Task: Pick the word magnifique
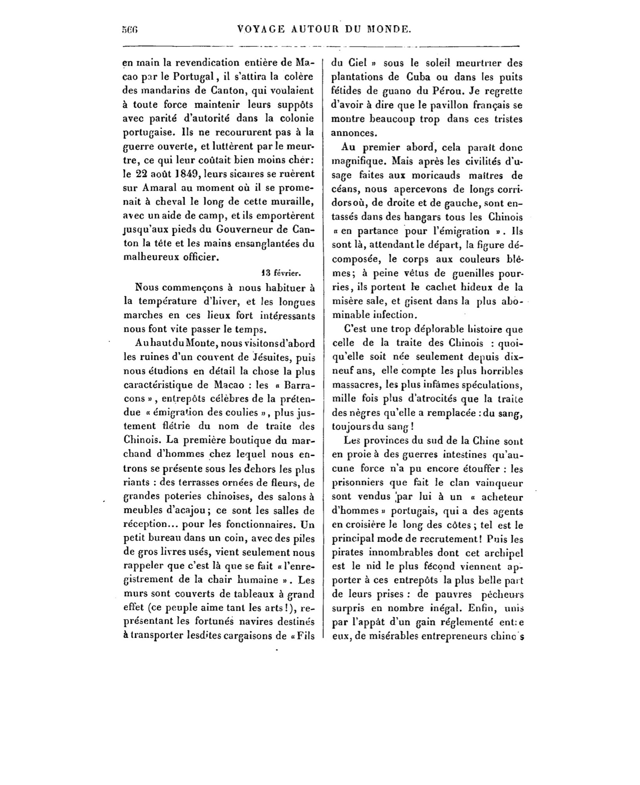point(358,161)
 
